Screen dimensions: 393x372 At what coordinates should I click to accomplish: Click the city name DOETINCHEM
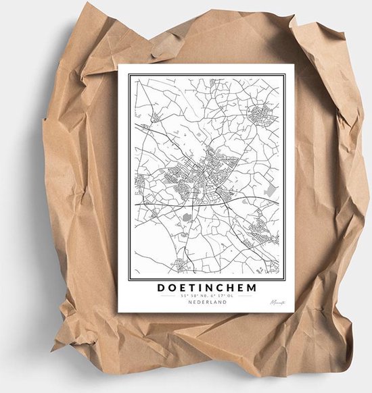[x=207, y=287]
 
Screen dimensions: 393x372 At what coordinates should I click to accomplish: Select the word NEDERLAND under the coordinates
[x=208, y=302]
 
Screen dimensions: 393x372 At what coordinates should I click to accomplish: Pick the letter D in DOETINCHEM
[x=161, y=287]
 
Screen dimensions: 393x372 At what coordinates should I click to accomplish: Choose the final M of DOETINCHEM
[x=253, y=287]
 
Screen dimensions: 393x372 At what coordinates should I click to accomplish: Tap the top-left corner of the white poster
[x=119, y=65]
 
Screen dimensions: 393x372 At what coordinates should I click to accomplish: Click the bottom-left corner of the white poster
[x=118, y=312]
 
